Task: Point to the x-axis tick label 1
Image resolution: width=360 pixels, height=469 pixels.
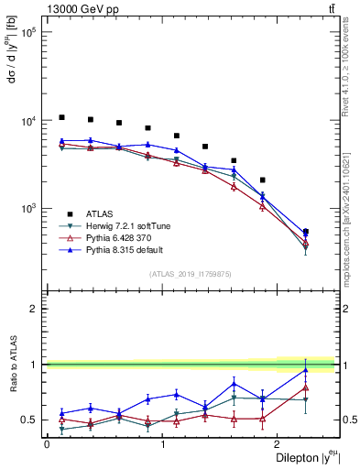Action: (163, 444)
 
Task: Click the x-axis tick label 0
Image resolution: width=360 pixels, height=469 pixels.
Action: (47, 444)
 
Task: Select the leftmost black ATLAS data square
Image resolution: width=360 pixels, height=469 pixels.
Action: (61, 117)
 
